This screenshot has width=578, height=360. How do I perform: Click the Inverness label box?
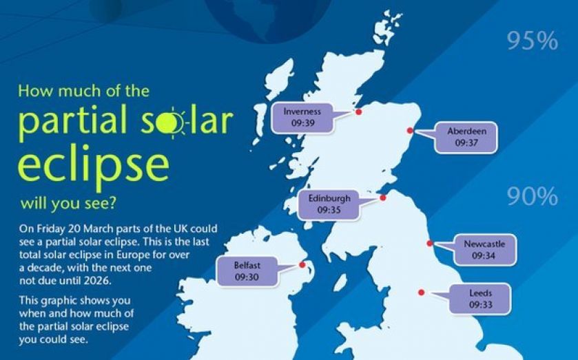click(x=302, y=117)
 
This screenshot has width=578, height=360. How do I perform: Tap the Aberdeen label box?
click(x=462, y=137)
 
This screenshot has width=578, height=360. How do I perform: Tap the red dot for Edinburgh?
click(x=382, y=198)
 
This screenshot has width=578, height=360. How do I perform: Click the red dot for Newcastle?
click(x=430, y=243)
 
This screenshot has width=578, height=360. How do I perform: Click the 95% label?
click(x=532, y=42)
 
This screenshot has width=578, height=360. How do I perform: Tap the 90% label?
click(x=532, y=198)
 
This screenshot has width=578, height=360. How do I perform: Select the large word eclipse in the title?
click(x=93, y=165)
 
